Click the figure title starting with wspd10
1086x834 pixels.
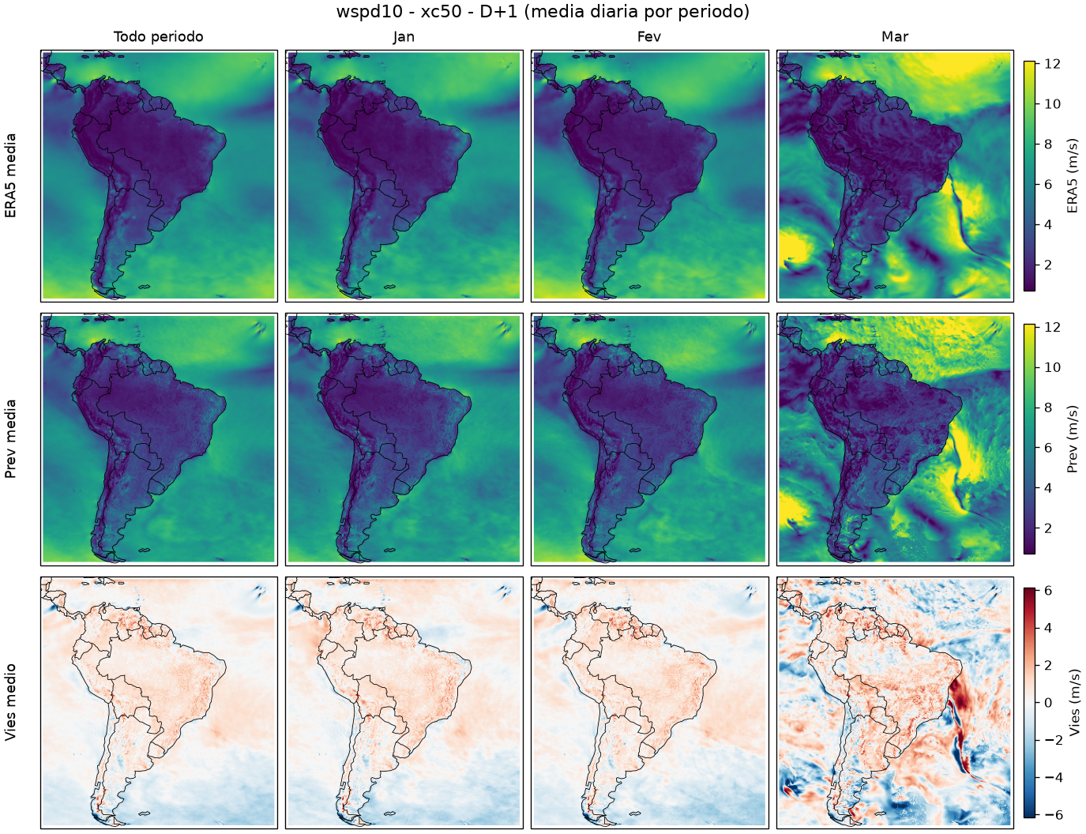(x=543, y=11)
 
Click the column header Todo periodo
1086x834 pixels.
(x=159, y=37)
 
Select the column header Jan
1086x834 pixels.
(x=404, y=37)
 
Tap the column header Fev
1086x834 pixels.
(x=649, y=37)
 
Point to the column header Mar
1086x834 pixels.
(x=895, y=37)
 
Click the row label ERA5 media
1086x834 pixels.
(x=10, y=175)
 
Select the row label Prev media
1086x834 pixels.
(x=10, y=439)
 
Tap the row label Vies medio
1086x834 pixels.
(x=10, y=702)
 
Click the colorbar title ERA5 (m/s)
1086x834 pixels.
(x=1072, y=175)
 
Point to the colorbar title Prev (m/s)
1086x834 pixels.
(x=1072, y=439)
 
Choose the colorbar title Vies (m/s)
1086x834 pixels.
(x=1072, y=702)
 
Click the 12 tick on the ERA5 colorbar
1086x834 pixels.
(x=1052, y=64)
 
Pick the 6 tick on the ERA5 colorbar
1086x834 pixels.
(x=1048, y=184)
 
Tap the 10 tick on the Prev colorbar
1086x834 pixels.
(x=1052, y=367)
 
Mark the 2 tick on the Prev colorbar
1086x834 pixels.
(x=1048, y=528)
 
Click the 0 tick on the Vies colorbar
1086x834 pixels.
(x=1048, y=703)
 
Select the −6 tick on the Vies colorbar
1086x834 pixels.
(x=1052, y=815)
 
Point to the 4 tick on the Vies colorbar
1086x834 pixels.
(x=1048, y=628)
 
